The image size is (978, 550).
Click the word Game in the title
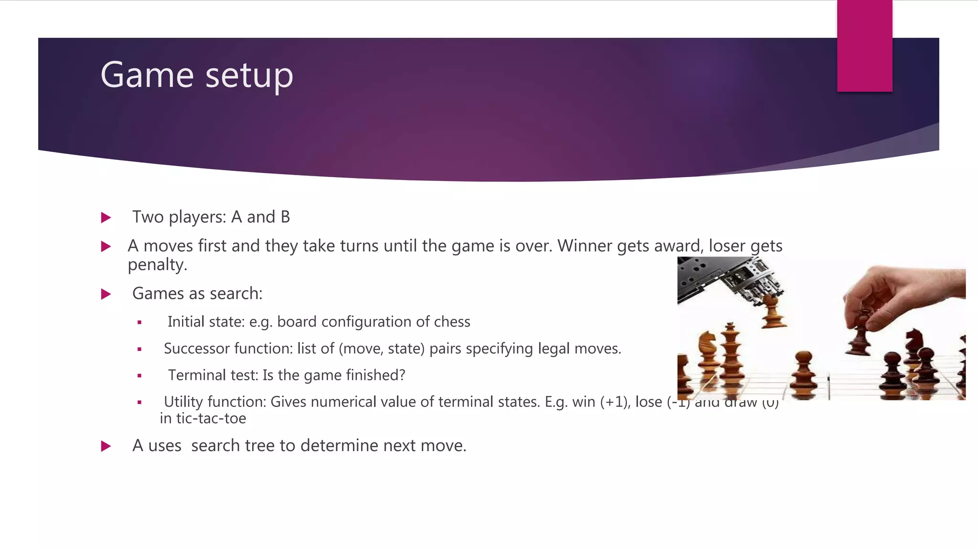point(147,75)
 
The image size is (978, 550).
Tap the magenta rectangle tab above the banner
point(864,45)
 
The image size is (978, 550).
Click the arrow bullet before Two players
point(106,218)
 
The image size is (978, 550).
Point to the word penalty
point(157,265)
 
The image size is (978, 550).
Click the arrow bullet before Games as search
point(106,294)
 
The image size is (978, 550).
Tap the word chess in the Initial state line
point(452,322)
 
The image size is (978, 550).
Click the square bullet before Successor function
point(139,349)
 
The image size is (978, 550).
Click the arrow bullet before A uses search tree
point(106,446)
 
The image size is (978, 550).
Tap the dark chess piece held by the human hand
point(860,334)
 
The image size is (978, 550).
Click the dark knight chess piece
point(913,344)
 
